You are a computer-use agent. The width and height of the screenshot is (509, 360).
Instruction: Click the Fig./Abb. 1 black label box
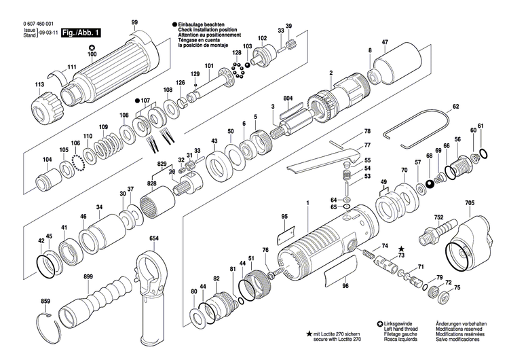click(80, 33)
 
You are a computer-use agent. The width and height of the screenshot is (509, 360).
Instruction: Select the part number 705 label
click(470, 203)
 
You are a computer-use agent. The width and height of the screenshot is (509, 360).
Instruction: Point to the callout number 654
click(155, 238)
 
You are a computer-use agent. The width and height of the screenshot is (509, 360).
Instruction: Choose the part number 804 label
click(288, 99)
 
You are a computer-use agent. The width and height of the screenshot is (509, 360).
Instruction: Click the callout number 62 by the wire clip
click(456, 106)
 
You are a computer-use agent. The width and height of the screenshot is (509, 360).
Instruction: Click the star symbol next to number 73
click(401, 249)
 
